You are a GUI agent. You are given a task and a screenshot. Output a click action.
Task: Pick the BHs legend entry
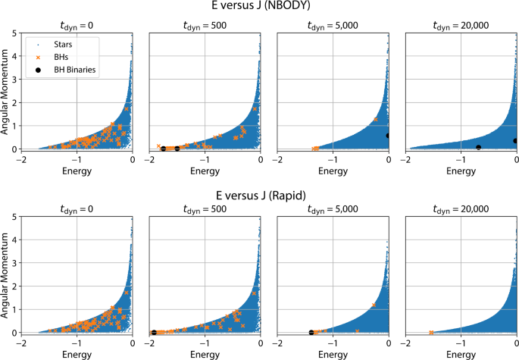pos(49,57)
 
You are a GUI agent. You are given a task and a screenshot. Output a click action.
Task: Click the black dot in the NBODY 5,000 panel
pos(388,136)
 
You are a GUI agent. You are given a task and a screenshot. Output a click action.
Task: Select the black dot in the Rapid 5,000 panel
pos(311,332)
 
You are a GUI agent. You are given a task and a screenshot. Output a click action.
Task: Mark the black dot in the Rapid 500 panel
pos(155,332)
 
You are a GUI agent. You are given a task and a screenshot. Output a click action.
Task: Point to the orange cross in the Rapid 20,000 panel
pos(431,332)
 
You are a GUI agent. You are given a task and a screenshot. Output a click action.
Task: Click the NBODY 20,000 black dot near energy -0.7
pos(478,147)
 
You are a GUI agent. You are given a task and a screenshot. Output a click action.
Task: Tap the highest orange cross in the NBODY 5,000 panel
pos(375,120)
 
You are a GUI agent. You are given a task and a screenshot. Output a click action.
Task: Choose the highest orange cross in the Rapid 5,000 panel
pos(374,305)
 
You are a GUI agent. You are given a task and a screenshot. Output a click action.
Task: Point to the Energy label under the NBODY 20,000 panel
pos(461,172)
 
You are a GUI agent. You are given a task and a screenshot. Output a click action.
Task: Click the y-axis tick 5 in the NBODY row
pos(15,34)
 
